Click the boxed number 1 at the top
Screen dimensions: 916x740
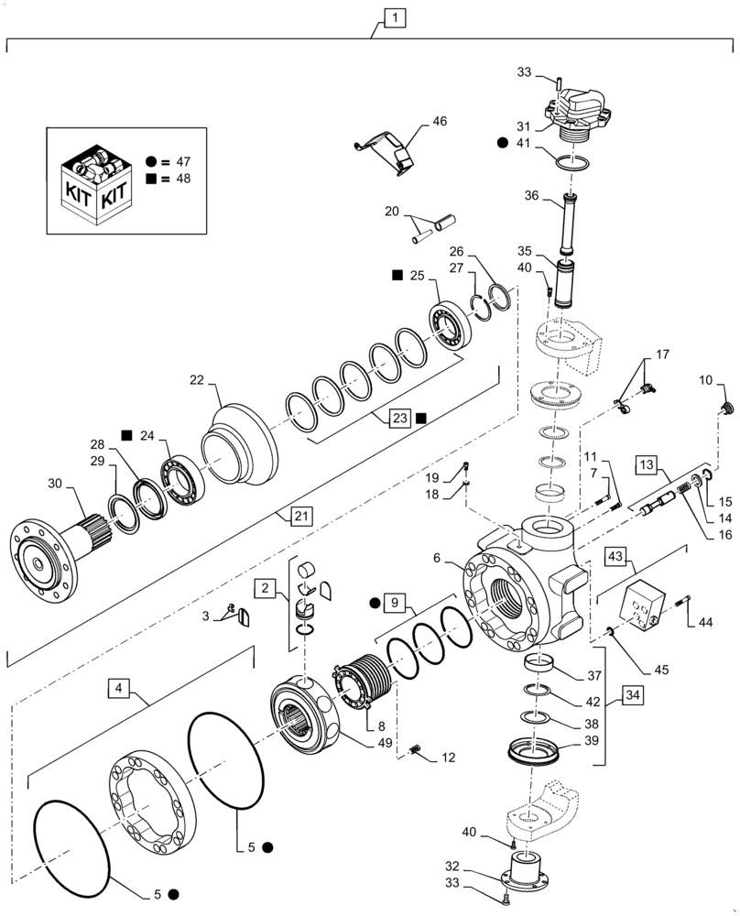(392, 17)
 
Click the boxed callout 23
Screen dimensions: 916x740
(399, 418)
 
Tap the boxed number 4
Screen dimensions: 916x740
(119, 684)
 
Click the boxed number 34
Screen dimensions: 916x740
(629, 695)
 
